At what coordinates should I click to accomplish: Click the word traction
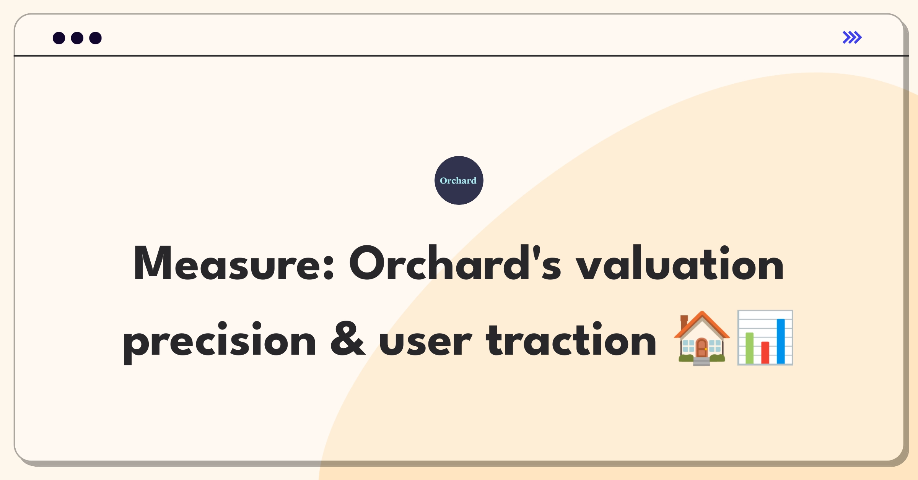571,340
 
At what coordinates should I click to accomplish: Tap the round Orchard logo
459,180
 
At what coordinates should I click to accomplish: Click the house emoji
702,338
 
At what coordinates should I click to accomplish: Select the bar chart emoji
765,338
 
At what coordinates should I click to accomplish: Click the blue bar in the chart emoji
781,341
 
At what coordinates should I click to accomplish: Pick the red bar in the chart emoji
765,352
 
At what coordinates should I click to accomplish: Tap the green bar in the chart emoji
749,348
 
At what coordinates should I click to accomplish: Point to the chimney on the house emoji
684,322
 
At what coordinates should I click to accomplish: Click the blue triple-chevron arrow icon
852,37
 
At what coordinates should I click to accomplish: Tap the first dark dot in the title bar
59,38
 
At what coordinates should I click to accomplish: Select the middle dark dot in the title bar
77,38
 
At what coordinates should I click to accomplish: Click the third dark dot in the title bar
96,38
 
